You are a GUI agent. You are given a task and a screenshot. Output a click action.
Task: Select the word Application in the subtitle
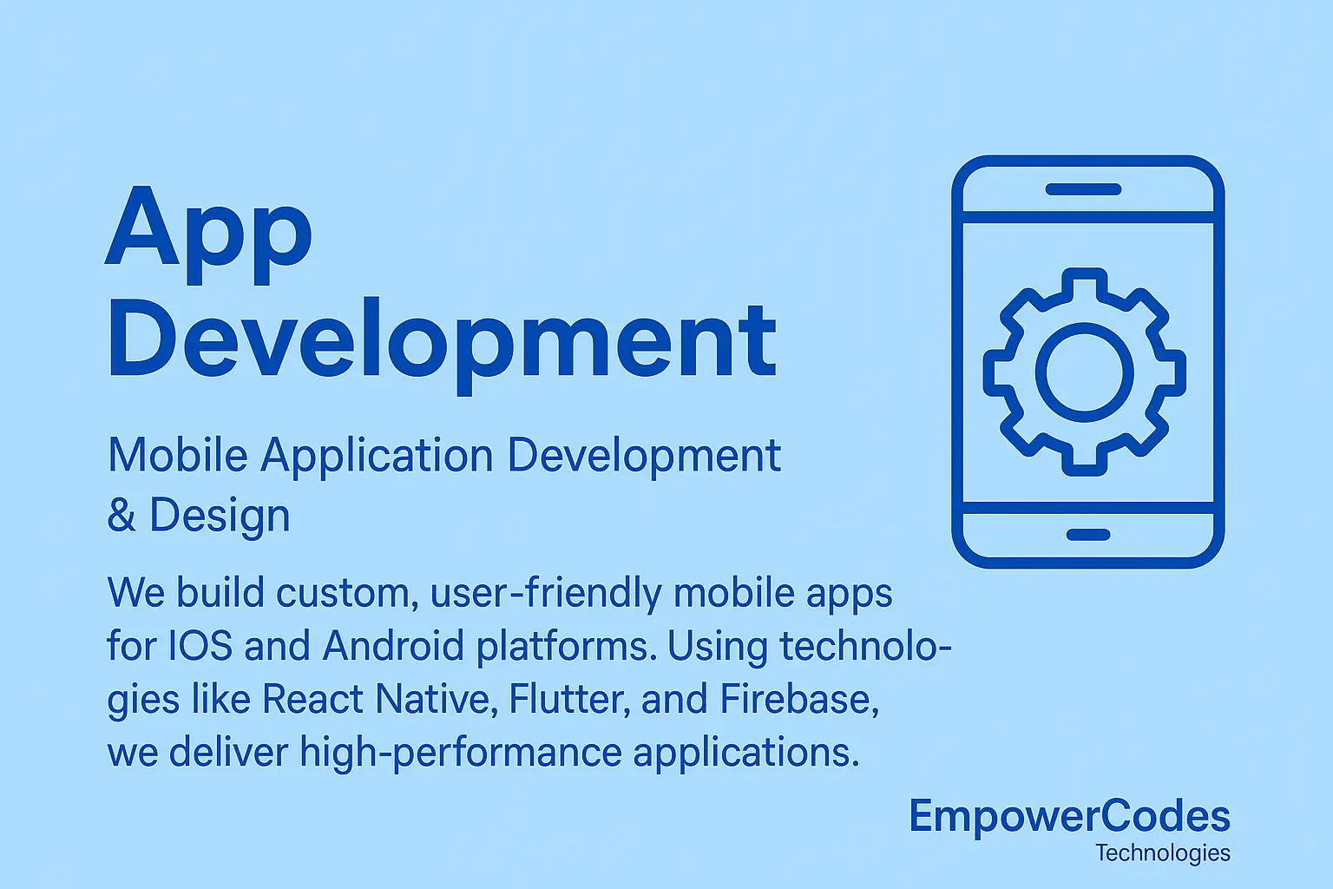377,455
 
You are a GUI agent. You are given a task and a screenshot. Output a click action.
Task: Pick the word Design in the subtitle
220,516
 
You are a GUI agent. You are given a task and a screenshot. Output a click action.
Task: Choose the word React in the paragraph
312,699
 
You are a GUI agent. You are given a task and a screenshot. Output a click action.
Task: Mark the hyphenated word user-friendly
546,594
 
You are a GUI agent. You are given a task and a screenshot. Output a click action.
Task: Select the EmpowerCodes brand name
1069,816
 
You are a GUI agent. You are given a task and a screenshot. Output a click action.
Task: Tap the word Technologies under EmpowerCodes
1162,853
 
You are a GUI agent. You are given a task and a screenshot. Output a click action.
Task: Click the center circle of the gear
1085,372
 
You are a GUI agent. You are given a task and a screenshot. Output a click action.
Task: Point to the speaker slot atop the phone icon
1083,189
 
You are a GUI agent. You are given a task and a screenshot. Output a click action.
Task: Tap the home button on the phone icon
1088,534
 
